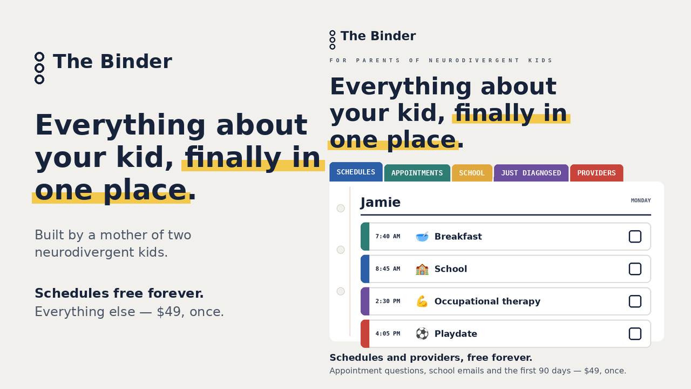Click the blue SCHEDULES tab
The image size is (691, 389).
(x=356, y=172)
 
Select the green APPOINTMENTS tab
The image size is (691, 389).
(x=417, y=173)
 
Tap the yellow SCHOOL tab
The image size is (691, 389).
(x=472, y=173)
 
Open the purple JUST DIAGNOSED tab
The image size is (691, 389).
(x=531, y=173)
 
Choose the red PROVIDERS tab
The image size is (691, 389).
(x=597, y=173)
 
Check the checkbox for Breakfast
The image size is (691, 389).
(x=635, y=237)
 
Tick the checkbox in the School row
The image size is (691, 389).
(x=635, y=269)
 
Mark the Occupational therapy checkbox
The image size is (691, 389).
(x=635, y=301)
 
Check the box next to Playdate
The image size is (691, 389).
(x=635, y=334)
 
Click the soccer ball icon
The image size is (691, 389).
(x=422, y=334)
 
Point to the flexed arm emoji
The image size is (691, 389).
(x=422, y=301)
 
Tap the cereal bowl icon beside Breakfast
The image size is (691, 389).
(x=422, y=237)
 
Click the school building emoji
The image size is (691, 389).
(x=422, y=269)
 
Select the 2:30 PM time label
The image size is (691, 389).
(x=388, y=301)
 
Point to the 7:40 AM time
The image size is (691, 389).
(x=388, y=237)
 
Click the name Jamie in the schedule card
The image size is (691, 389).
(x=381, y=203)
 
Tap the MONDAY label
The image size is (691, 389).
(x=641, y=200)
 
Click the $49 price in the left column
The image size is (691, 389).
(x=168, y=312)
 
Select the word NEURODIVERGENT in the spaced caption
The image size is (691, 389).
(x=474, y=61)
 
